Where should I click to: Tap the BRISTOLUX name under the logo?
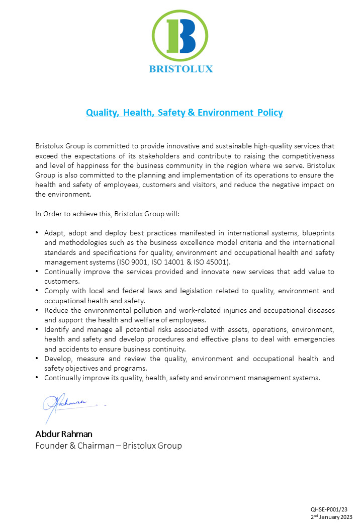[181, 69]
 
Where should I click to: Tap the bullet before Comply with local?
[38, 291]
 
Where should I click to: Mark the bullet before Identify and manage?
[38, 329]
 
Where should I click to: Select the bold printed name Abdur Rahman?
[63, 434]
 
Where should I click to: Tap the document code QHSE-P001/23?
[329, 509]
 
